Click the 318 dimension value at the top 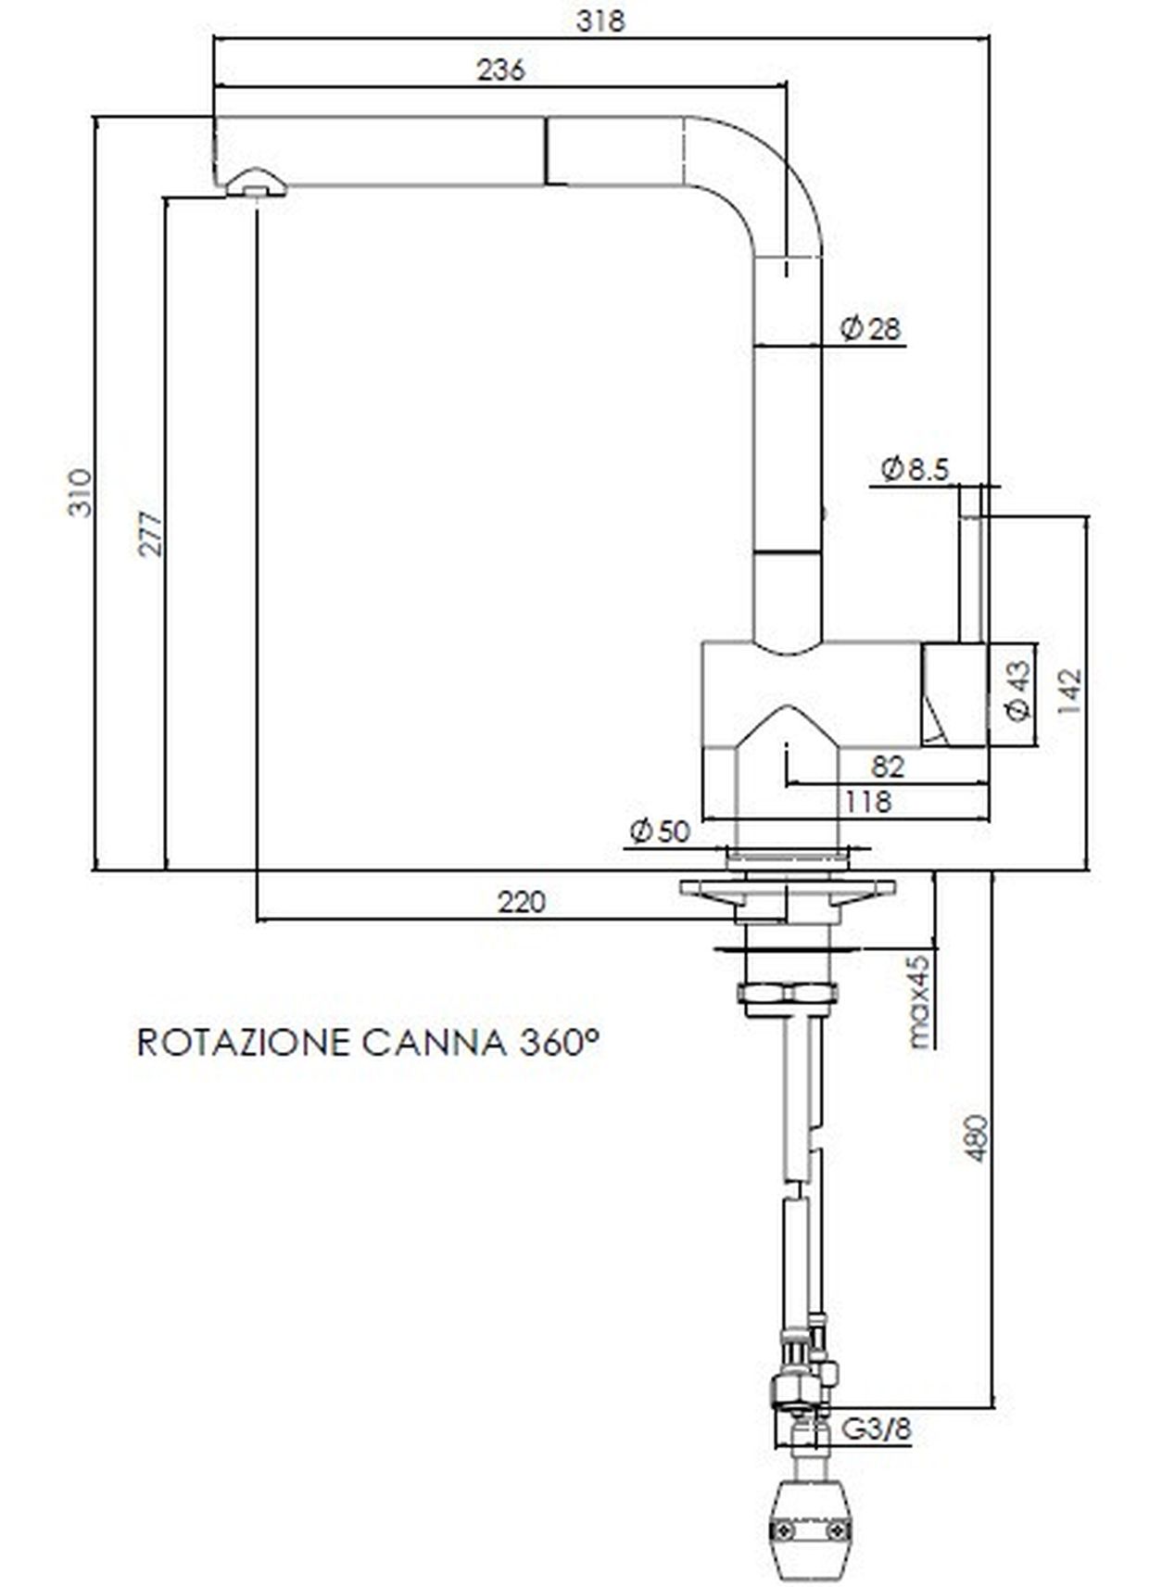(600, 19)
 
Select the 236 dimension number (500, 69)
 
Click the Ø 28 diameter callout (870, 328)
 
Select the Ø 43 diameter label (1017, 692)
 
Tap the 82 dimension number (887, 767)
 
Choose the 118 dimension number (866, 801)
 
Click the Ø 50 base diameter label (660, 831)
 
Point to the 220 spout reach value (522, 901)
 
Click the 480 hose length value (977, 1139)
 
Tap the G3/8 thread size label (875, 1428)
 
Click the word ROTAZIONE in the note (243, 1042)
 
